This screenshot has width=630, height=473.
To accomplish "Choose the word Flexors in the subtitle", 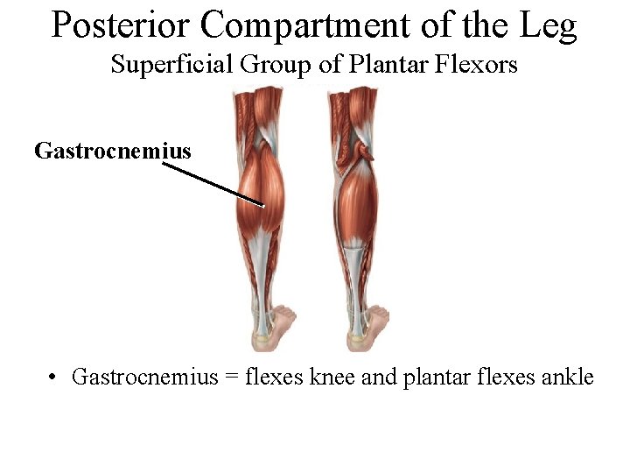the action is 479,65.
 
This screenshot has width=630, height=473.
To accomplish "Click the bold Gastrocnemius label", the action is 112,151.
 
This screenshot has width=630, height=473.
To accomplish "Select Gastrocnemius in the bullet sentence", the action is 143,378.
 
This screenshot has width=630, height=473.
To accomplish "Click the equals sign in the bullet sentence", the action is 232,378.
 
